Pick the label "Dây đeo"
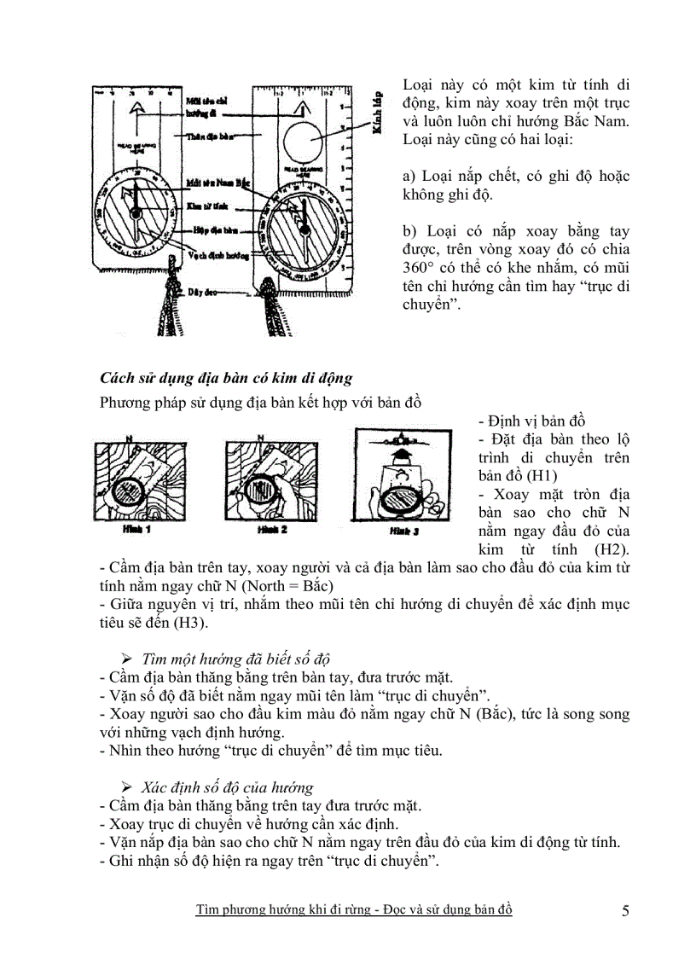(x=203, y=292)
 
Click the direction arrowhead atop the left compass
(x=134, y=108)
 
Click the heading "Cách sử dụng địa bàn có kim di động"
(x=226, y=377)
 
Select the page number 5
(x=625, y=911)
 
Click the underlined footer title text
(x=353, y=910)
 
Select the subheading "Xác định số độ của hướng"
(x=227, y=787)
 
